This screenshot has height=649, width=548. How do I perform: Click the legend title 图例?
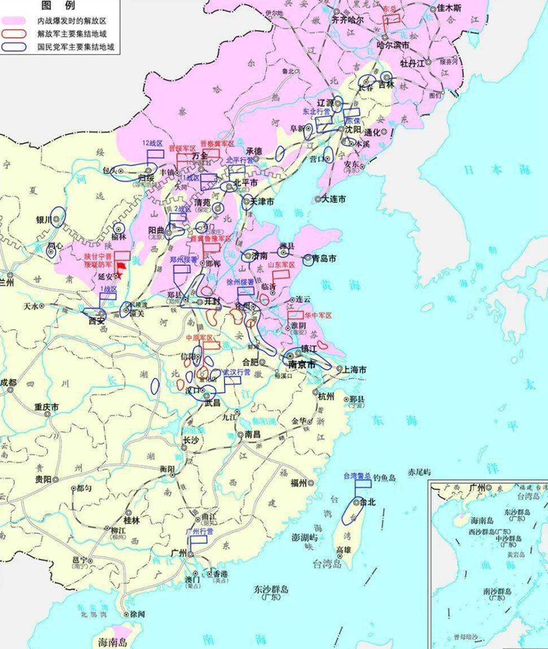coord(58,5)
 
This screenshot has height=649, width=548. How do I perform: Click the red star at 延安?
coord(118,276)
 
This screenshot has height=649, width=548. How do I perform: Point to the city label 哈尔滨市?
coord(393,45)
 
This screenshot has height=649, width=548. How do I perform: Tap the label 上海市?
coord(354,369)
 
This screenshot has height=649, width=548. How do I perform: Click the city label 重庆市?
coord(47,407)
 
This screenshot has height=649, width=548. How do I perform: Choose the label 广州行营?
coord(199,531)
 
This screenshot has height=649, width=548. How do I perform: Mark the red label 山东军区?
coord(281,265)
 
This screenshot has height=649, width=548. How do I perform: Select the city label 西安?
coord(96,319)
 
